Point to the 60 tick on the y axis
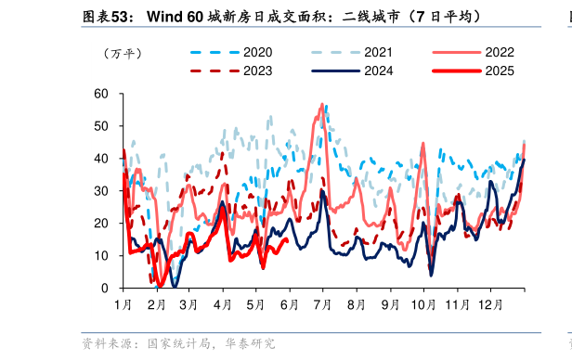coord(101,94)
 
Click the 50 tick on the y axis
coord(101,126)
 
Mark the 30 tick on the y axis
coord(101,191)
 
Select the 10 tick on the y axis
coord(101,256)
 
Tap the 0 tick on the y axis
coord(105,289)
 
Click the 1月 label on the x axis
coord(123,304)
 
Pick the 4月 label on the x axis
coord(223,304)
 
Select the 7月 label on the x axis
coord(323,304)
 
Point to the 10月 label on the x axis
coord(423,304)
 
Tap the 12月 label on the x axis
coord(490,304)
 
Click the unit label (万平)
coord(123,54)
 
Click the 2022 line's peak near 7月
coord(322,105)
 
